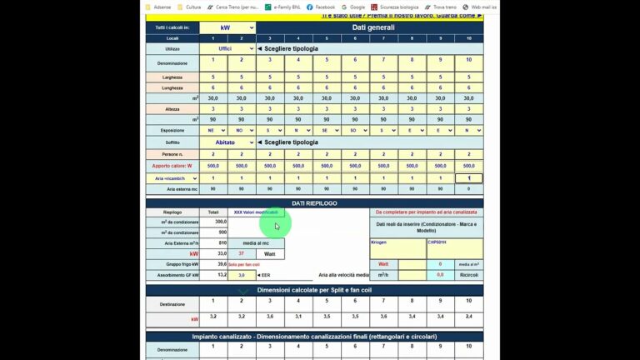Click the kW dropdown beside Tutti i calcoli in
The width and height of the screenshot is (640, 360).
pos(227,27)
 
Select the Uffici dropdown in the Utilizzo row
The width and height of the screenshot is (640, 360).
pos(227,49)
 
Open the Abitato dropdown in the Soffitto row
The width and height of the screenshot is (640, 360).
pos(227,142)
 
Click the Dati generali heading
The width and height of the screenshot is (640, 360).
pos(372,27)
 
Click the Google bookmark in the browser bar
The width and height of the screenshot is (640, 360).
pos(357,7)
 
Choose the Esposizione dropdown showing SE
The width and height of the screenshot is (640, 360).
pos(327,131)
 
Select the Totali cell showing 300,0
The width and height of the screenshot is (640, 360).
pos(214,222)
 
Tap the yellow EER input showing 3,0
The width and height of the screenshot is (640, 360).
pos(241,274)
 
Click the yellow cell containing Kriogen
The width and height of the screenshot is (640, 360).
pos(397,247)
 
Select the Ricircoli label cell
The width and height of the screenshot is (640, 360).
pos(468,274)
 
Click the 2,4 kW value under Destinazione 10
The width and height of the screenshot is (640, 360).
pos(468,317)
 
